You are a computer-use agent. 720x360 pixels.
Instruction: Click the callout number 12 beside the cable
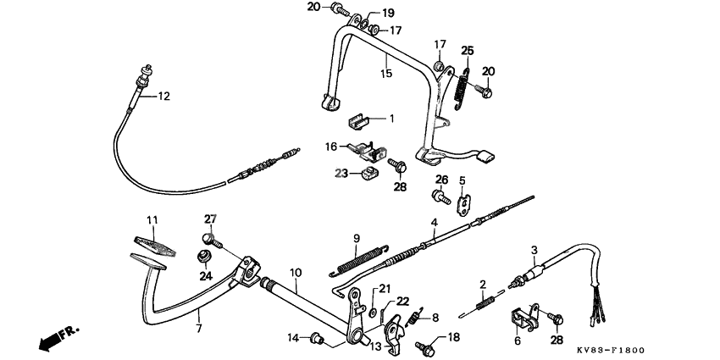coord(163,96)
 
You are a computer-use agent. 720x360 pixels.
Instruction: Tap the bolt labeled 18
coord(425,346)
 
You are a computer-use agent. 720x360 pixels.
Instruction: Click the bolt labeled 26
coord(439,197)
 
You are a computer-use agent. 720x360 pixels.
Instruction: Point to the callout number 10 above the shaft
coord(296,272)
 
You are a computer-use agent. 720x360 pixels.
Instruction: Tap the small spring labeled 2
coord(485,302)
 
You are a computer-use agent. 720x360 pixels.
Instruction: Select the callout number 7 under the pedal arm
coord(200,328)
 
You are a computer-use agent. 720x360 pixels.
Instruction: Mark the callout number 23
coord(340,173)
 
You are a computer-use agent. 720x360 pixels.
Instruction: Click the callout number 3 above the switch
coord(534,249)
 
